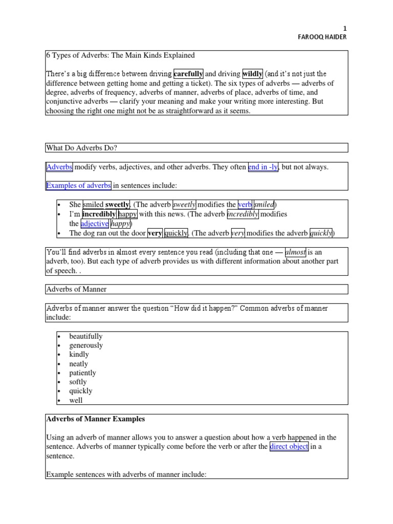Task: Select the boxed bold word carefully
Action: point(188,74)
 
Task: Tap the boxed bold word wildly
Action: point(253,74)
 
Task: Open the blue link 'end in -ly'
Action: point(263,167)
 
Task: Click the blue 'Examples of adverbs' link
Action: point(78,185)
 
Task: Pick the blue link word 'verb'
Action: point(245,205)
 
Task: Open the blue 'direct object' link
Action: point(289,447)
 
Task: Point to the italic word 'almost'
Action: point(296,252)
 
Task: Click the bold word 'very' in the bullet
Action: point(155,233)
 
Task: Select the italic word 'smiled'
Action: point(265,205)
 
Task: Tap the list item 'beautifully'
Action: point(86,337)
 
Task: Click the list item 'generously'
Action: point(86,345)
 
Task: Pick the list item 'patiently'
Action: point(83,373)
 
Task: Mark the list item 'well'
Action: point(76,400)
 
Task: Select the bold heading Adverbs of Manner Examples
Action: point(96,419)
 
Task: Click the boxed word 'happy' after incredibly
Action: point(127,214)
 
